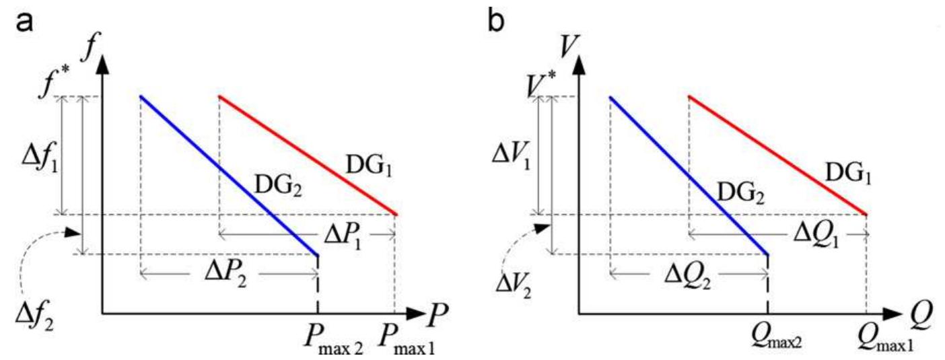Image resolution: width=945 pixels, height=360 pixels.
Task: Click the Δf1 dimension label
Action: [x=40, y=161]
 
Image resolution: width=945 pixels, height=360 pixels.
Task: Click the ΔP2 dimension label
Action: [x=226, y=276]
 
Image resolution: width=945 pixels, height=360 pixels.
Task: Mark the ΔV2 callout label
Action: [x=514, y=286]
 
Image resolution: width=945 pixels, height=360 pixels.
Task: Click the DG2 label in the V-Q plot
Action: [x=741, y=193]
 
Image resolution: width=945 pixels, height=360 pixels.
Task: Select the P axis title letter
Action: [x=437, y=314]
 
